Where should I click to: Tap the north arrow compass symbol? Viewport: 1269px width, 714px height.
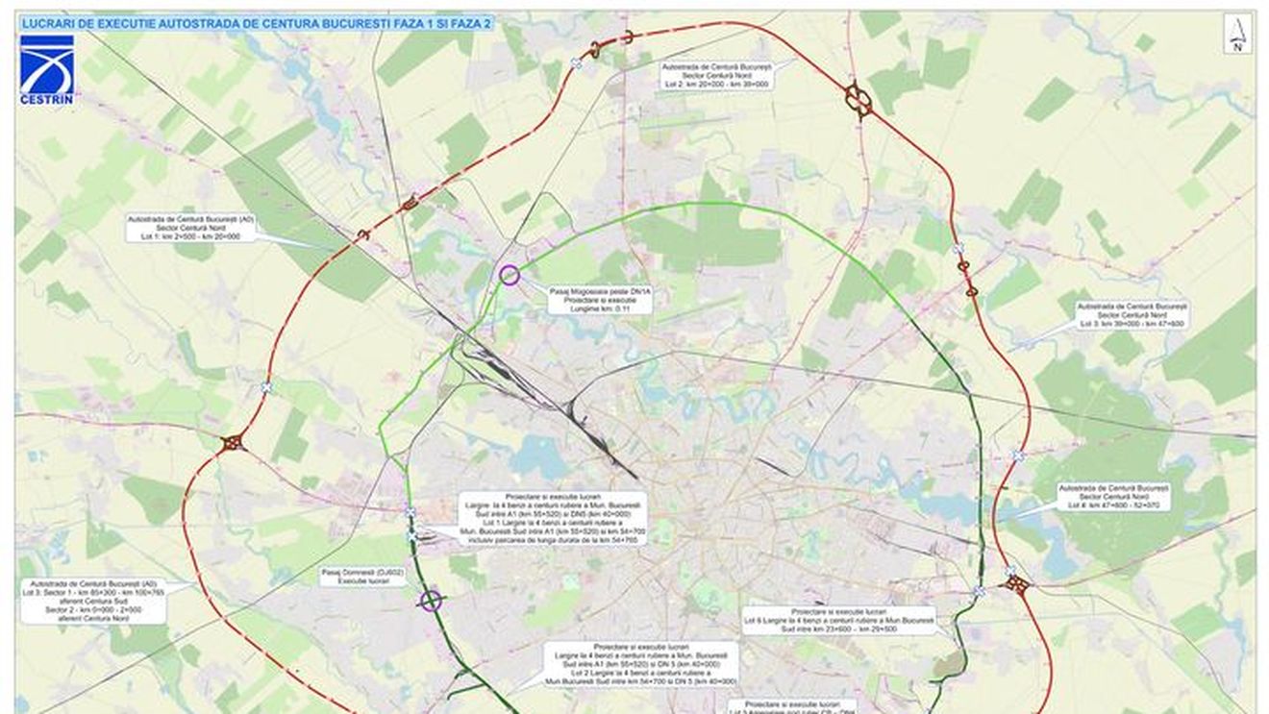pyautogui.click(x=1238, y=34)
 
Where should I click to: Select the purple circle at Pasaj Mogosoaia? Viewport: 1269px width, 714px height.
pyautogui.click(x=510, y=276)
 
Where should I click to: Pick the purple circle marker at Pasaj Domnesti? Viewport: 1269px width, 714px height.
pyautogui.click(x=432, y=602)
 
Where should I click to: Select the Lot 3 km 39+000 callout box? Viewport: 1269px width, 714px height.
pyautogui.click(x=1132, y=315)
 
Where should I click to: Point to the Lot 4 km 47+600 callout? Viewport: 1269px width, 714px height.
pyautogui.click(x=1114, y=496)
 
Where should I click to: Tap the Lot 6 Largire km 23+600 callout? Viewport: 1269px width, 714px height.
pyautogui.click(x=839, y=620)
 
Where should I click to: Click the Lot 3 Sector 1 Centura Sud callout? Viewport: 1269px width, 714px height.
pyautogui.click(x=92, y=602)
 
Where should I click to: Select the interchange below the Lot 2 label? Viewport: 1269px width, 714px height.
pyautogui.click(x=858, y=99)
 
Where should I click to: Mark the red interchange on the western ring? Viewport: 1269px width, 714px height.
pyautogui.click(x=232, y=443)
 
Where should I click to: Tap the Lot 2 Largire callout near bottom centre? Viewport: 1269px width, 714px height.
pyautogui.click(x=640, y=664)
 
